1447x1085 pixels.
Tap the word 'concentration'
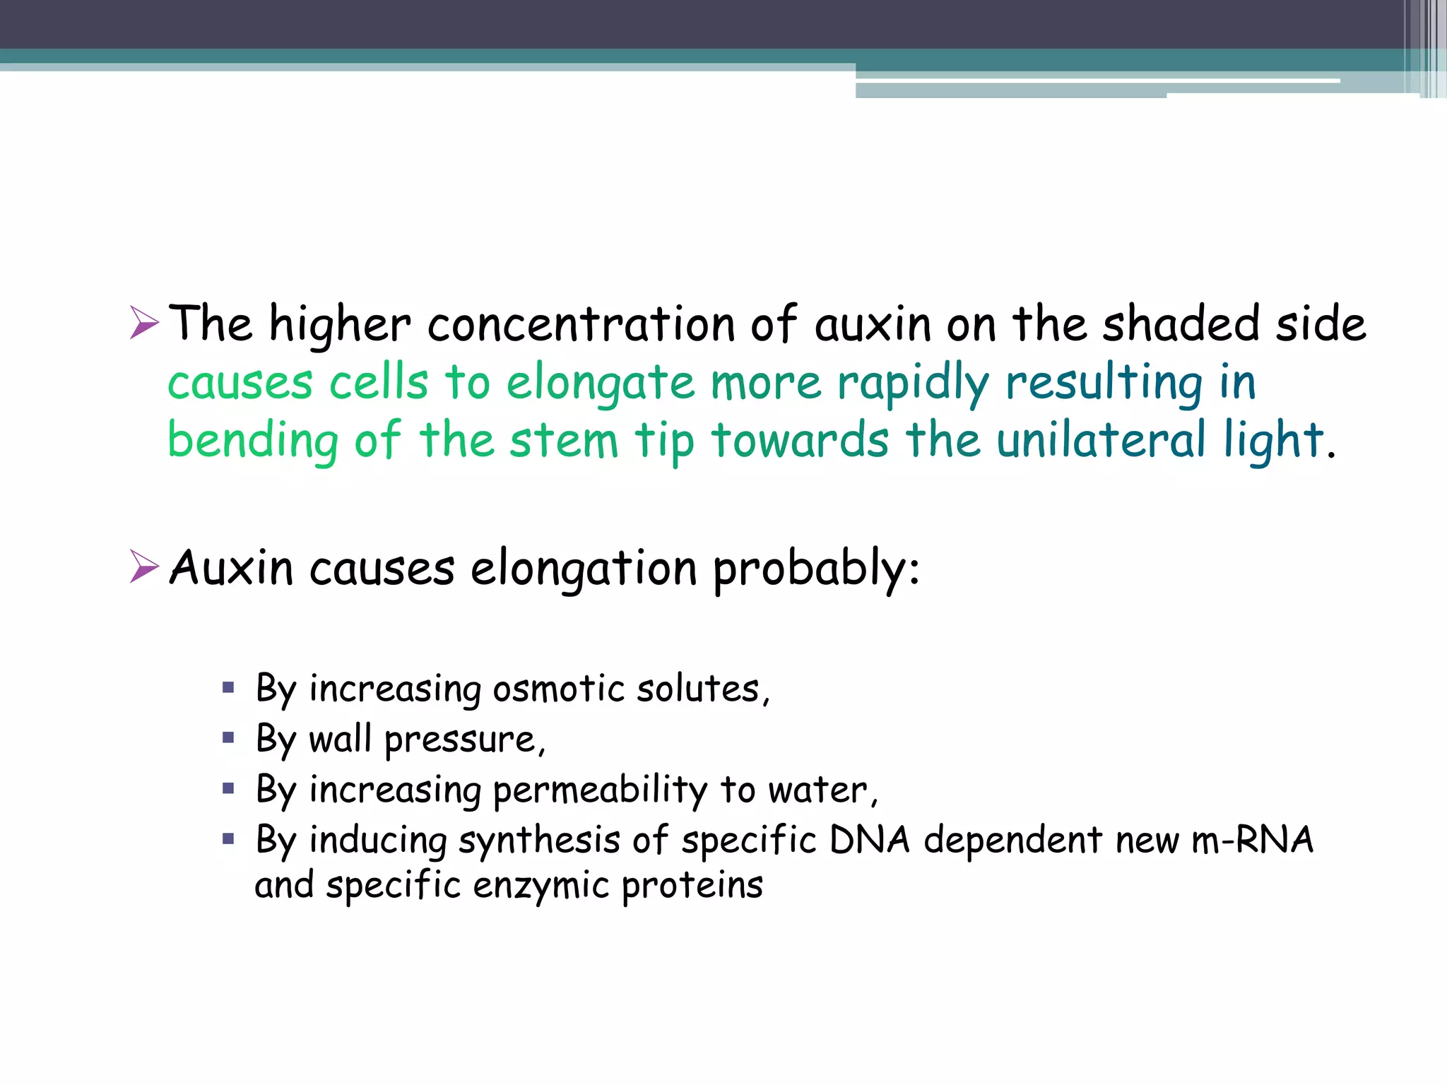pyautogui.click(x=581, y=325)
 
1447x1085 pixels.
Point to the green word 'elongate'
pyautogui.click(x=600, y=384)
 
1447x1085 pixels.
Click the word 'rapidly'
pyautogui.click(x=913, y=384)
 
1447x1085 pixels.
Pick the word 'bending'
pyautogui.click(x=253, y=441)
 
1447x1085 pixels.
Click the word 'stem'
pyautogui.click(x=563, y=441)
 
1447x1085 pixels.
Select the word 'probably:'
pyautogui.click(x=816, y=569)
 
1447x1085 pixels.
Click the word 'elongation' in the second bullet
pyautogui.click(x=584, y=569)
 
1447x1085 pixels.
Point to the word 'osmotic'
pyautogui.click(x=558, y=689)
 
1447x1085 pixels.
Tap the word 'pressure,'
pyautogui.click(x=465, y=740)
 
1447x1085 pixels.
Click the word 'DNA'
pyautogui.click(x=869, y=841)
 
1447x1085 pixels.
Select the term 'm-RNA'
pyautogui.click(x=1252, y=841)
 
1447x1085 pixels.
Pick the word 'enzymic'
pyautogui.click(x=541, y=886)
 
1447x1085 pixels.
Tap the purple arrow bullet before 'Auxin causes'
pyautogui.click(x=144, y=567)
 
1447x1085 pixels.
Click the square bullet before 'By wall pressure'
pyautogui.click(x=228, y=738)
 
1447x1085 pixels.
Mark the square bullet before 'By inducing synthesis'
pyautogui.click(x=228, y=839)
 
